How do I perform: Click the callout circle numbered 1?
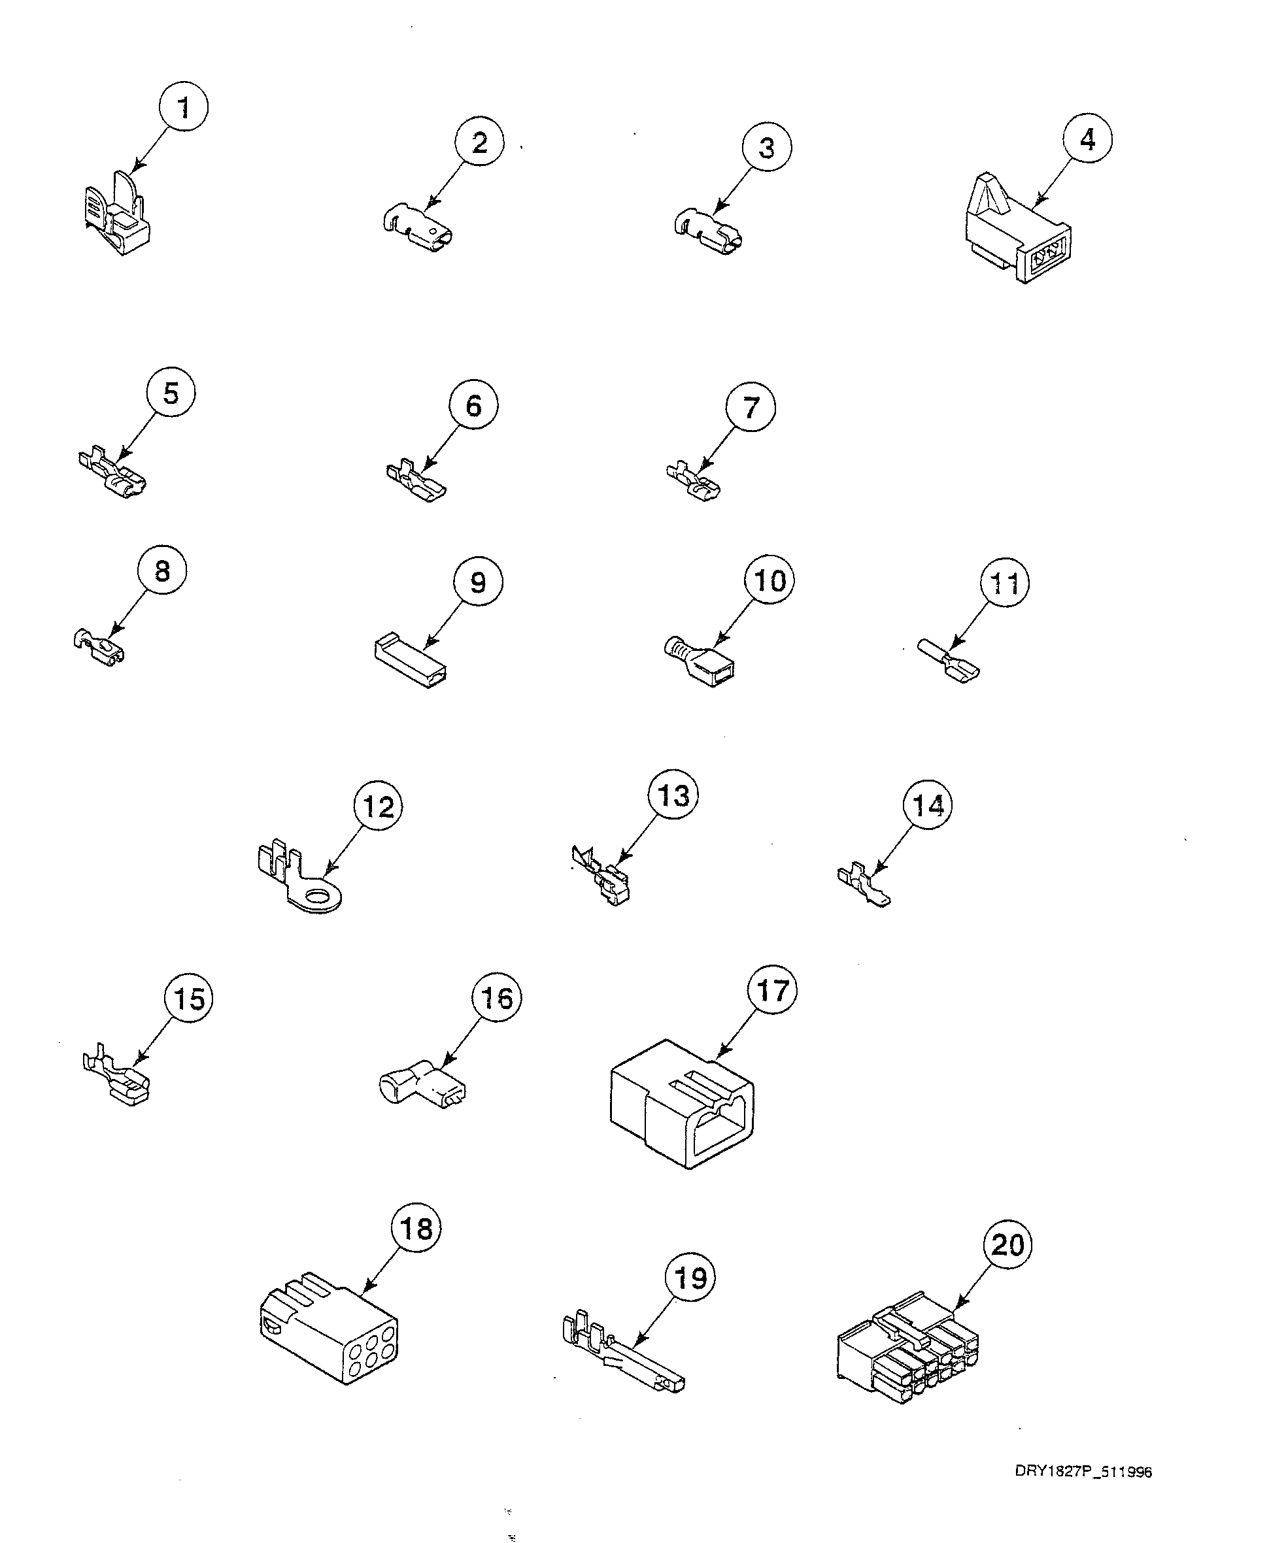183,107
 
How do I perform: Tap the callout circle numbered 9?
478,583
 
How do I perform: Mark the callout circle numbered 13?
673,796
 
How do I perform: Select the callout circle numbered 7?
751,407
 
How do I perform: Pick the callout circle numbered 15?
188,999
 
